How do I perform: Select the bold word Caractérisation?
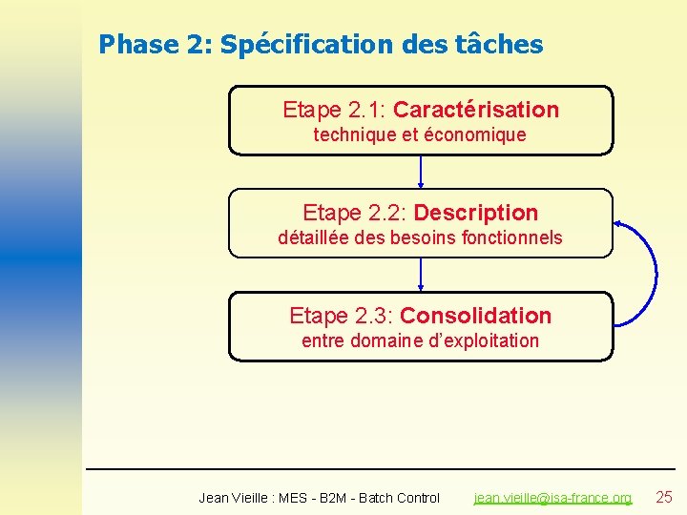click(x=476, y=110)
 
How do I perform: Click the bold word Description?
click(x=476, y=213)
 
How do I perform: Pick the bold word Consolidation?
click(x=475, y=316)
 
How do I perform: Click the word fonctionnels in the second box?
click(x=510, y=238)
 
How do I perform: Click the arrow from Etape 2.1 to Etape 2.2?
click(x=421, y=172)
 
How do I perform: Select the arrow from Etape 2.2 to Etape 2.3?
click(x=421, y=275)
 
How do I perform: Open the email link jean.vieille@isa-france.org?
click(x=552, y=498)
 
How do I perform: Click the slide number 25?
click(x=665, y=497)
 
